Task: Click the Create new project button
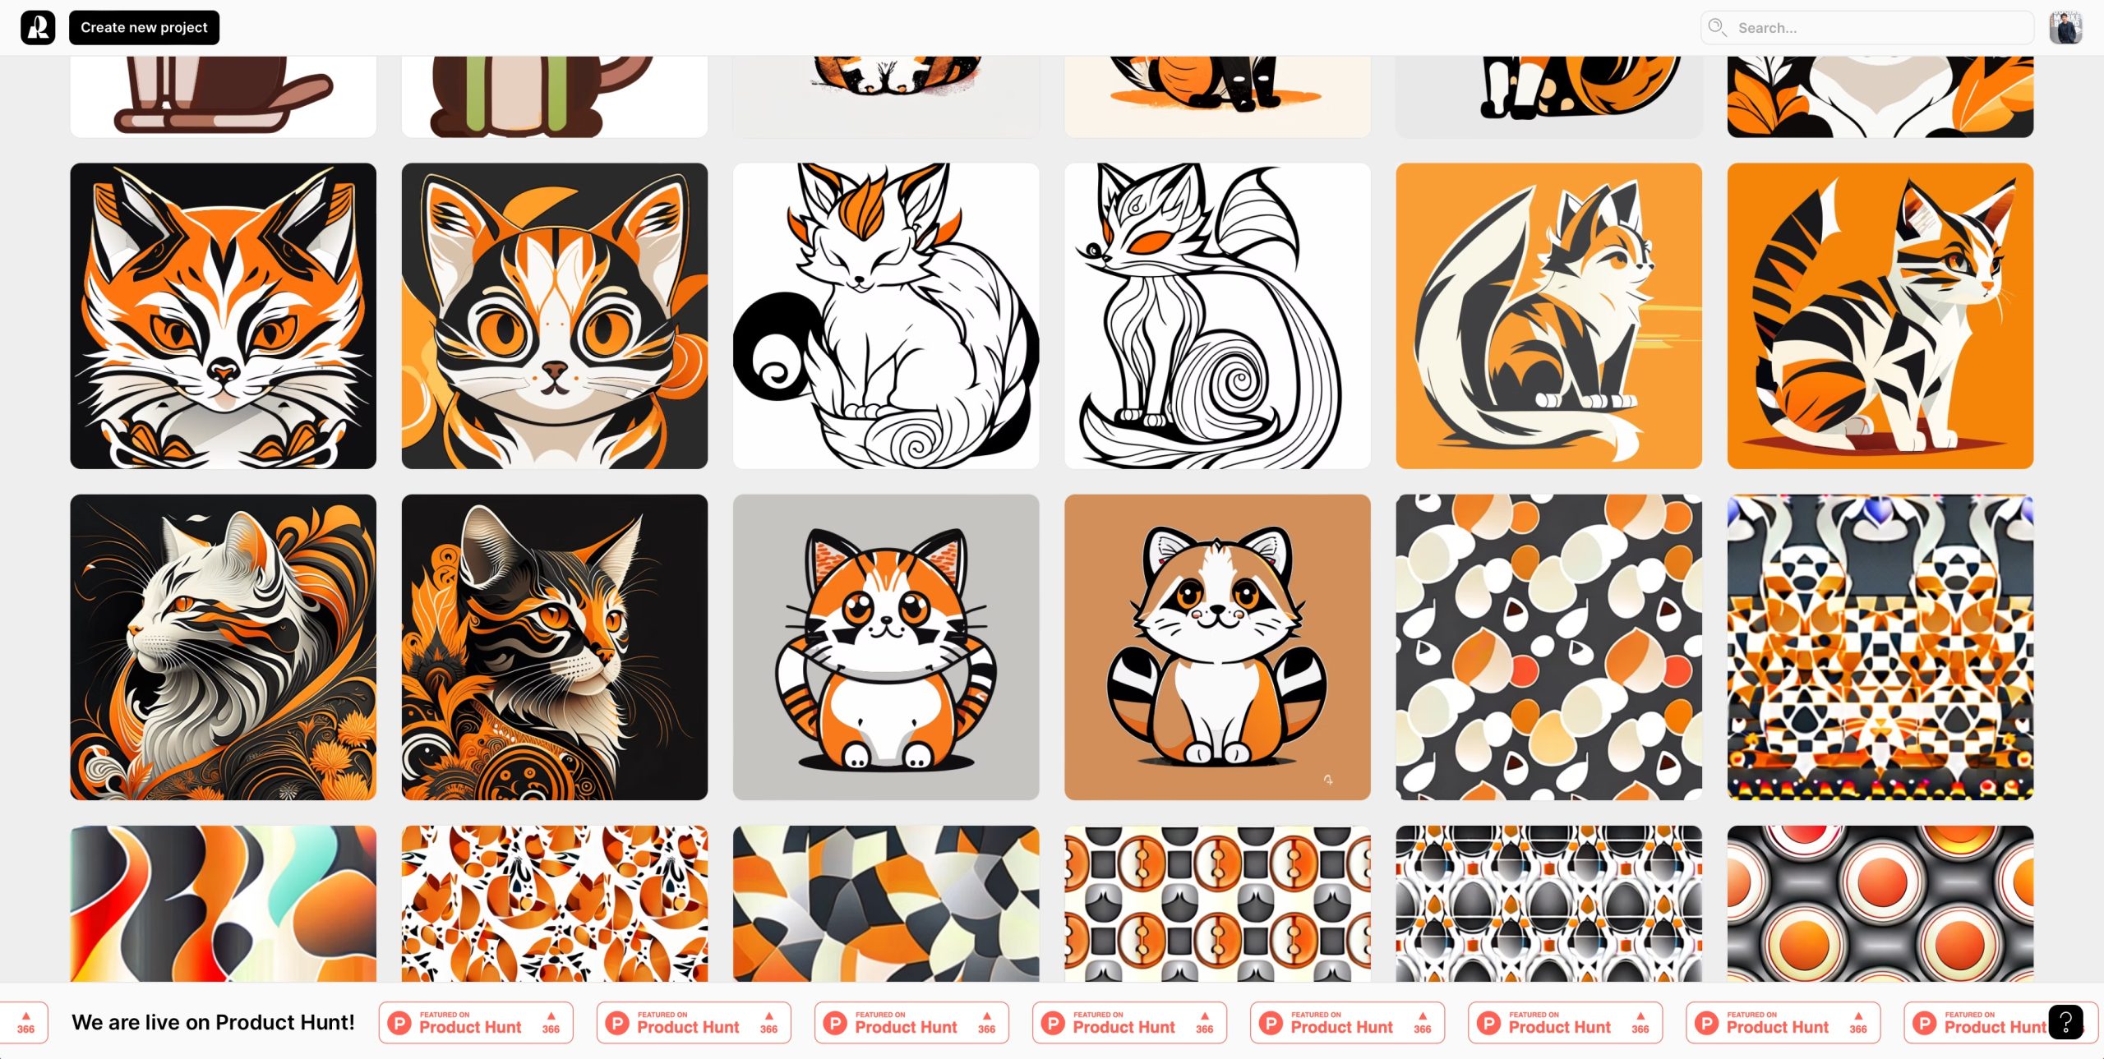(144, 28)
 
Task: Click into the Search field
(1867, 28)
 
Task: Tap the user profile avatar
(2065, 28)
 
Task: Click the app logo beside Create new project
(38, 28)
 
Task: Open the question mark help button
(2065, 1022)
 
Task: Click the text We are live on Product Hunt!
(213, 1022)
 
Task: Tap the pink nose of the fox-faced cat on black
(223, 372)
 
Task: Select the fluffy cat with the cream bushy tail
(1549, 316)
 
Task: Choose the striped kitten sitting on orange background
(1880, 316)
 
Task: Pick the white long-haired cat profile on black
(224, 647)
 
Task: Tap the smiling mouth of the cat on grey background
(884, 633)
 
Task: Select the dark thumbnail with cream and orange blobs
(1549, 647)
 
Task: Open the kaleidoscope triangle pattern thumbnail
(1880, 647)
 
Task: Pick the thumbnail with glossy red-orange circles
(1880, 904)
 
